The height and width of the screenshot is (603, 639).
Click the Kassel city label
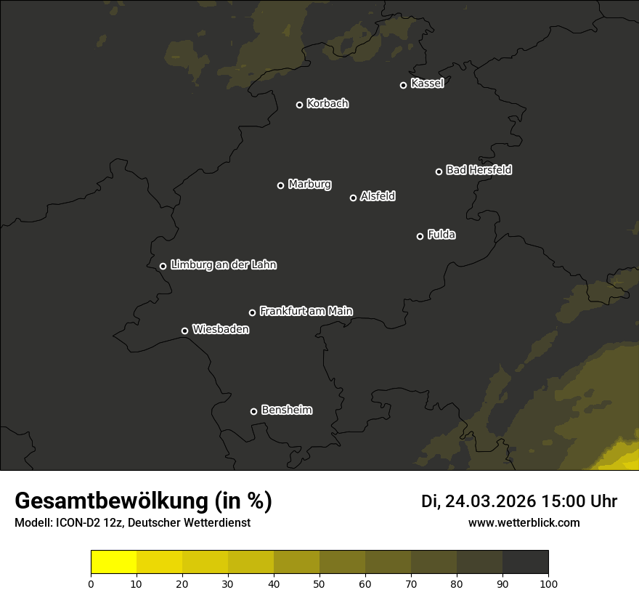pyautogui.click(x=427, y=84)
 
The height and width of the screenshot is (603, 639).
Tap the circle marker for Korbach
pyautogui.click(x=299, y=105)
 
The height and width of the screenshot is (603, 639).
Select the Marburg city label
pyautogui.click(x=309, y=185)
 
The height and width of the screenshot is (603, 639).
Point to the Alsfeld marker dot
pyautogui.click(x=354, y=198)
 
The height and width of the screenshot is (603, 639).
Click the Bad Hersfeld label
pyautogui.click(x=479, y=170)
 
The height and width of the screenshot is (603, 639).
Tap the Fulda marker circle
pyautogui.click(x=420, y=236)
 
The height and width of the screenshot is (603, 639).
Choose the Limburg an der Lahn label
pyautogui.click(x=223, y=265)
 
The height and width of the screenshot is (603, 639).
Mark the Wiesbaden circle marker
pyautogui.click(x=185, y=331)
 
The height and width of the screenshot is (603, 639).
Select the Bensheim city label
pyautogui.click(x=286, y=410)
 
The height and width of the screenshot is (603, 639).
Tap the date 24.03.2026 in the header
pyautogui.click(x=490, y=501)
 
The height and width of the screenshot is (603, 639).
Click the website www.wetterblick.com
pyautogui.click(x=524, y=522)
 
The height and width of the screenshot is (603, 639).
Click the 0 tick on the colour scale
pyautogui.click(x=91, y=583)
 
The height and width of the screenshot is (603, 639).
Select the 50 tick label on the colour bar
pyautogui.click(x=319, y=583)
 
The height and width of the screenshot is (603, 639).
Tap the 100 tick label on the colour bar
pyautogui.click(x=548, y=583)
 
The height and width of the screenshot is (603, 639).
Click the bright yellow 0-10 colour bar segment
pyautogui.click(x=114, y=562)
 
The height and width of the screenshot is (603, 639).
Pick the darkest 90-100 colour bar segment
pyautogui.click(x=525, y=562)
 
